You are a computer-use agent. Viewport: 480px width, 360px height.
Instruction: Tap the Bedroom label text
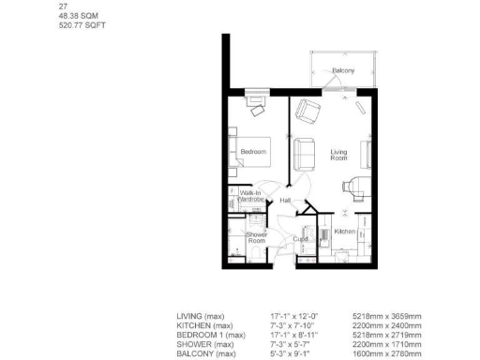click(x=253, y=152)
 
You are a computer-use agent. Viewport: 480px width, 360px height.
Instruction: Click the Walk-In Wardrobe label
click(x=250, y=196)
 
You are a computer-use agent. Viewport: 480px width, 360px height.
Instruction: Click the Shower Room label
click(x=257, y=237)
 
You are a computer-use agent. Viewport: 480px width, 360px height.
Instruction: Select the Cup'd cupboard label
click(x=300, y=238)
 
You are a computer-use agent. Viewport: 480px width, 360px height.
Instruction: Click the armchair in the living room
click(x=308, y=112)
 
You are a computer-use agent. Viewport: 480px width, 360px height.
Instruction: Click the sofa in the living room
click(x=304, y=152)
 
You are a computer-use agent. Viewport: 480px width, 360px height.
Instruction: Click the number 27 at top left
click(x=62, y=7)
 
